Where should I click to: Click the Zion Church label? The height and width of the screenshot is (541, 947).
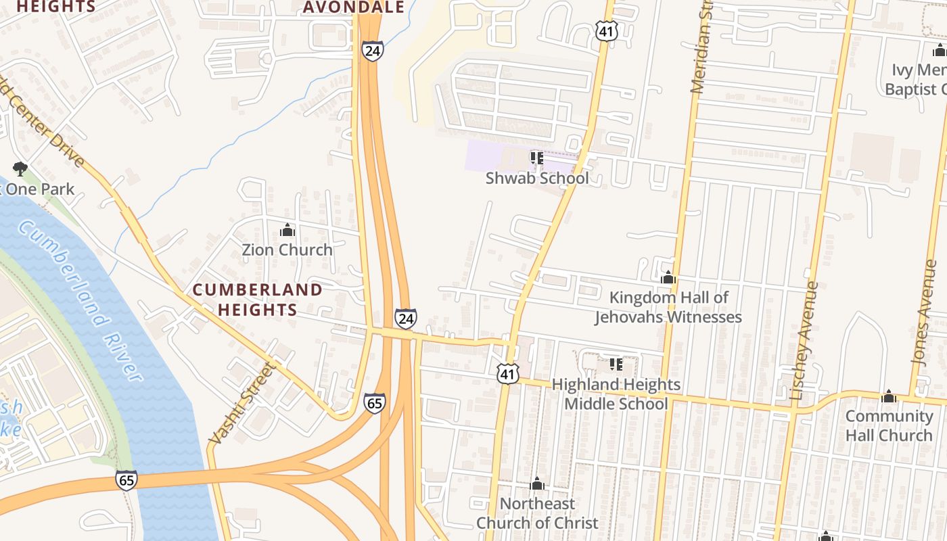(287, 250)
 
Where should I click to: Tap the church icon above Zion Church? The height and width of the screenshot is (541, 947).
(287, 231)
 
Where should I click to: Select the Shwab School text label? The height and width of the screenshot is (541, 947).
(537, 178)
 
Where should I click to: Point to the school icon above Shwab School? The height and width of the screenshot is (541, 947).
(537, 158)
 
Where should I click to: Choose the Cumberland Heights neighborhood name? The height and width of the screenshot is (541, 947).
(257, 300)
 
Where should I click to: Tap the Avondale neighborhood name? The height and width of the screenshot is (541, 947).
(353, 7)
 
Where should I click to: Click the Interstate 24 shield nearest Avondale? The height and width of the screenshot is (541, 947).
(372, 51)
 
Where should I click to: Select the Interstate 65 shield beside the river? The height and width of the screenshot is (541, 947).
(126, 479)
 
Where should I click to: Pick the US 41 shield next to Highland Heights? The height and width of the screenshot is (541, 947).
(508, 374)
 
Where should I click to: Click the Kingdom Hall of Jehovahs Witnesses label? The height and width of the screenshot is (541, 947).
(668, 307)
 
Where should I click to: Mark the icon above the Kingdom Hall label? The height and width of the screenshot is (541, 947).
(668, 278)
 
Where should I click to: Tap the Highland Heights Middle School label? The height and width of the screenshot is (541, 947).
(616, 394)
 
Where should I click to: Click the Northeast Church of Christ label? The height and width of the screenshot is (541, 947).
(537, 513)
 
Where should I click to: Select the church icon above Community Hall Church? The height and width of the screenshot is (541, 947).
(889, 396)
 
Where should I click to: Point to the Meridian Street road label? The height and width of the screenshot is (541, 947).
(702, 47)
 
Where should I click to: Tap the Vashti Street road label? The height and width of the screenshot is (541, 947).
(241, 404)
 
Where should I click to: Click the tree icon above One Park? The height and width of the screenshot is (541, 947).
(20, 168)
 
